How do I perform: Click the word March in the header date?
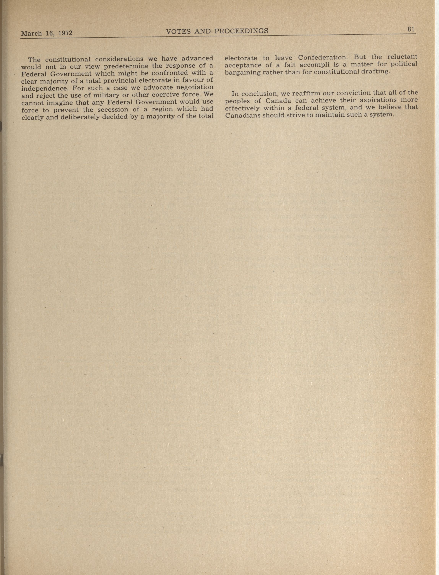coord(31,34)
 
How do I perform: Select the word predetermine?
coord(127,66)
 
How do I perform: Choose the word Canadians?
coord(242,115)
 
